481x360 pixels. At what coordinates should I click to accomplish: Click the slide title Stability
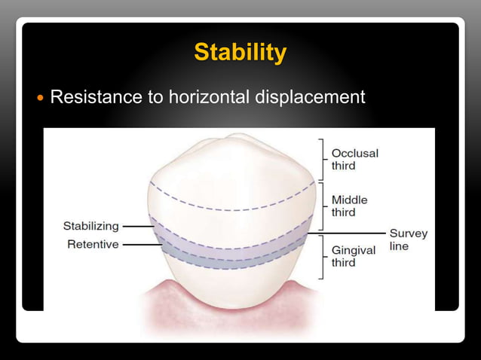tap(240, 53)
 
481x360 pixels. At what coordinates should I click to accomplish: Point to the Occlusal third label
tap(354, 159)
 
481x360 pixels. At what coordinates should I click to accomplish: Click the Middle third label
tap(351, 206)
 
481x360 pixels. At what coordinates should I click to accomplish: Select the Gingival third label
tap(354, 256)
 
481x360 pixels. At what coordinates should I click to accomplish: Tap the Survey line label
tap(408, 239)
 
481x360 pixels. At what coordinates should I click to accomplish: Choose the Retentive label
tap(93, 244)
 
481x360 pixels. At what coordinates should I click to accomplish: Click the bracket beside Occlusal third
tap(323, 159)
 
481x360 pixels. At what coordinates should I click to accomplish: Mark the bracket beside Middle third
tap(323, 206)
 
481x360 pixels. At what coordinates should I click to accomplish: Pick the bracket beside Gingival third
tap(323, 256)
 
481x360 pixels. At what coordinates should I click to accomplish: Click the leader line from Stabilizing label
tap(136, 225)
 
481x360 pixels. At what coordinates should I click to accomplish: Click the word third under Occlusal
tap(343, 165)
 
